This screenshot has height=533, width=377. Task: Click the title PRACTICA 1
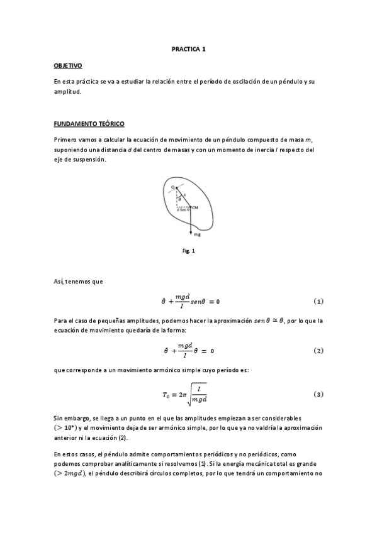[x=188, y=48]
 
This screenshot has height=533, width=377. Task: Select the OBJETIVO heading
[x=68, y=65]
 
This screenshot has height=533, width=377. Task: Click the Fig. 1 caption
[x=189, y=251]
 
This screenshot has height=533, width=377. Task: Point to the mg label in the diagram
[x=197, y=234]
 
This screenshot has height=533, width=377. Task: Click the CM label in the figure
[x=196, y=207]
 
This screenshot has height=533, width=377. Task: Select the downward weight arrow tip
[x=190, y=231]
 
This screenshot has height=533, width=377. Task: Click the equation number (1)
[x=318, y=302]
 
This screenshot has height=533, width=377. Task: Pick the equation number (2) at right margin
[x=318, y=350]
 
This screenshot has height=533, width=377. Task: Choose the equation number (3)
[x=318, y=394]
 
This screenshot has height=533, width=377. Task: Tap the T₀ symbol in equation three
[x=167, y=395]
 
